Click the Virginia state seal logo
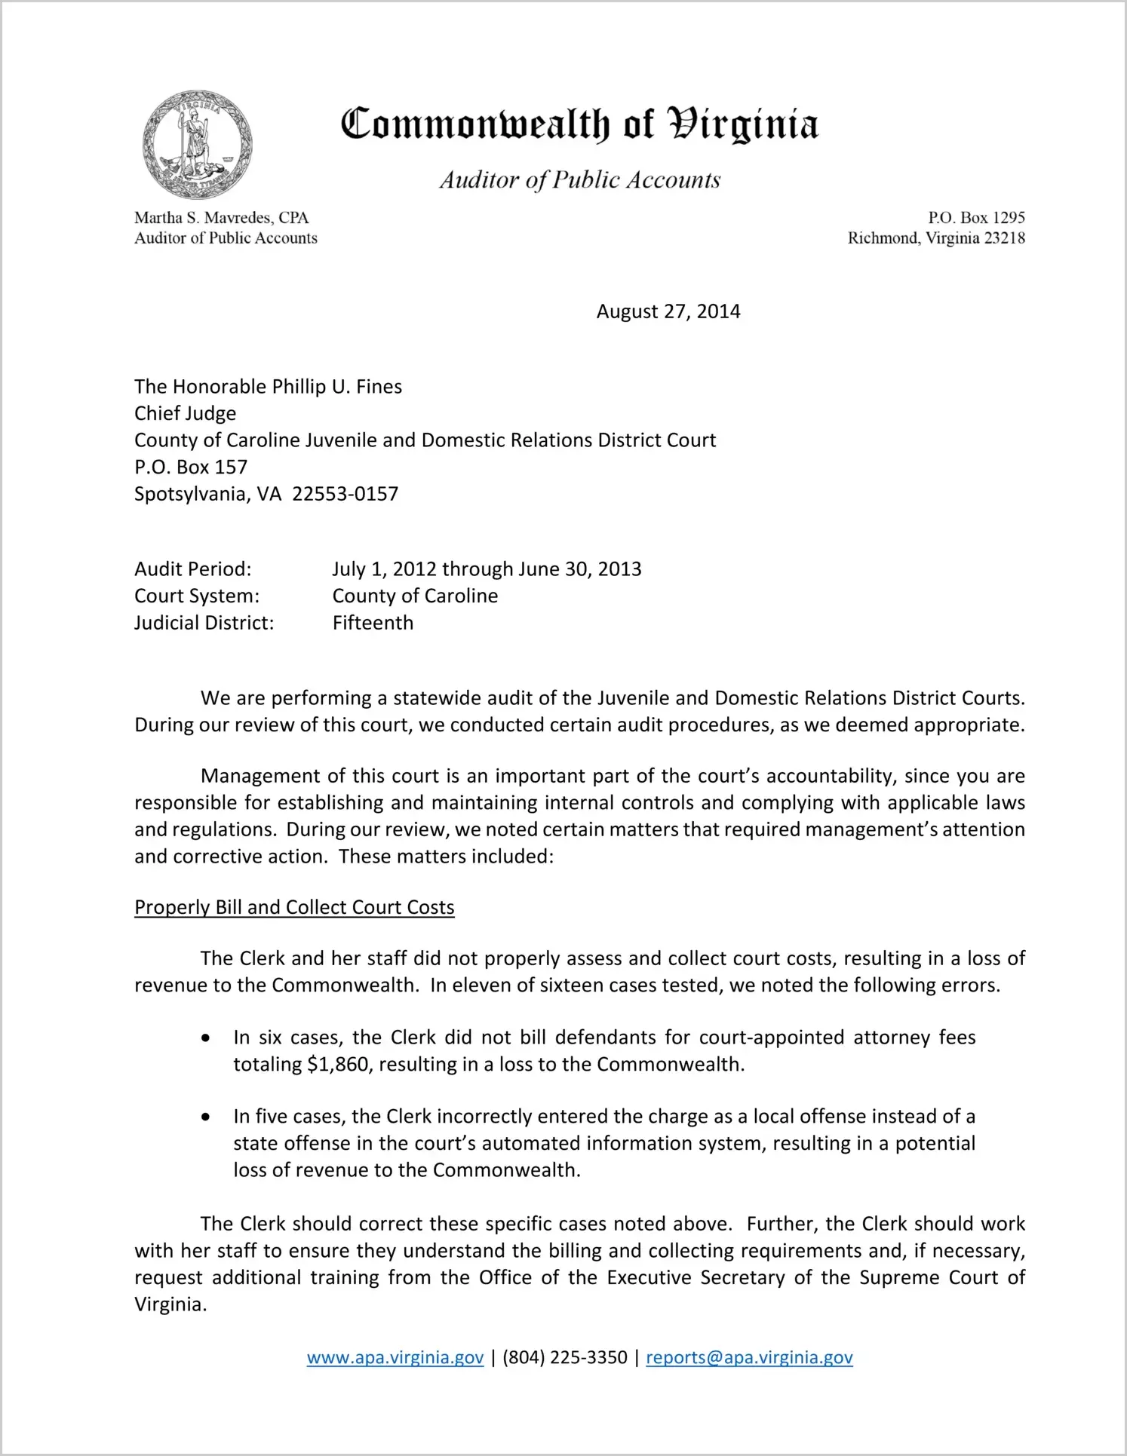[197, 145]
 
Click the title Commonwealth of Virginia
[579, 124]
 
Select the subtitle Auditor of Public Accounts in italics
[580, 179]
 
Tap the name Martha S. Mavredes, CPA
[222, 218]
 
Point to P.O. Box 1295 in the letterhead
[976, 218]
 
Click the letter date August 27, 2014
[668, 311]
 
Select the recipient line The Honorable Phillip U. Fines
[268, 387]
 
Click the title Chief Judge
[185, 413]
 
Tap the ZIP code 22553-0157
[345, 494]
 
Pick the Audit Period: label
[193, 569]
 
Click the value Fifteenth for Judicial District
[373, 623]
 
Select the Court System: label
[197, 596]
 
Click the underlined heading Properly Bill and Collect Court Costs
[294, 907]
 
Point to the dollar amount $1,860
[339, 1064]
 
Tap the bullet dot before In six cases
[206, 1038]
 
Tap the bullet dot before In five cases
[206, 1117]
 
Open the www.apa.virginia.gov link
[395, 1357]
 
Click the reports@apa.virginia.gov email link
[749, 1357]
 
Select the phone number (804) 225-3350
[565, 1357]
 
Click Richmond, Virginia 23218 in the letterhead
[936, 238]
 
